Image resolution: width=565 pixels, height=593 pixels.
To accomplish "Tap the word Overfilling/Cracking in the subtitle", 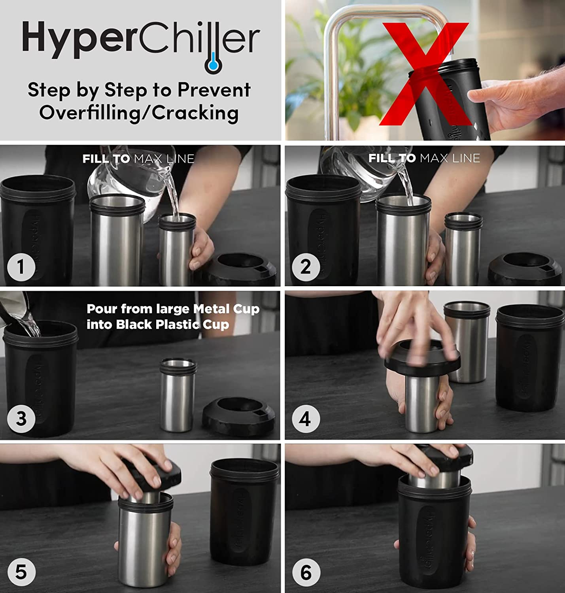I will (139, 113).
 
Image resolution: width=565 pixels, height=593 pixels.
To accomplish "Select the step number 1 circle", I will (21, 267).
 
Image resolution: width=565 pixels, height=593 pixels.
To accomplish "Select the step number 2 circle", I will (305, 267).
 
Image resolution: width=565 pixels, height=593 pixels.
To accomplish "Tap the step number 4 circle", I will (305, 419).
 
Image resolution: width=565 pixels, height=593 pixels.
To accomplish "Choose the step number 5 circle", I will (21, 572).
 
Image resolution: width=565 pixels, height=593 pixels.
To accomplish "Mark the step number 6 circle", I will (305, 572).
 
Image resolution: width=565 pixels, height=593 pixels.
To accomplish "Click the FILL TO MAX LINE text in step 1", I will (138, 159).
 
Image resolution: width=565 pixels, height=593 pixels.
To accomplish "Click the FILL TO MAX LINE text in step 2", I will (424, 159).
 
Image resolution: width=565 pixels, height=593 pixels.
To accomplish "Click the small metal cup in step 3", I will (178, 395).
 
